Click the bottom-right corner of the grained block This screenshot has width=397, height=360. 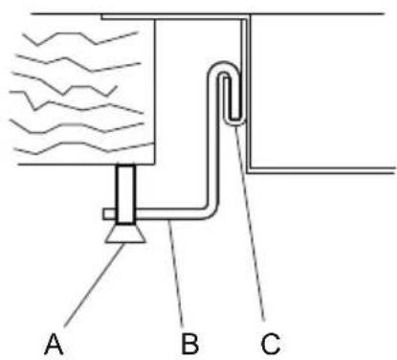point(155,164)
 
